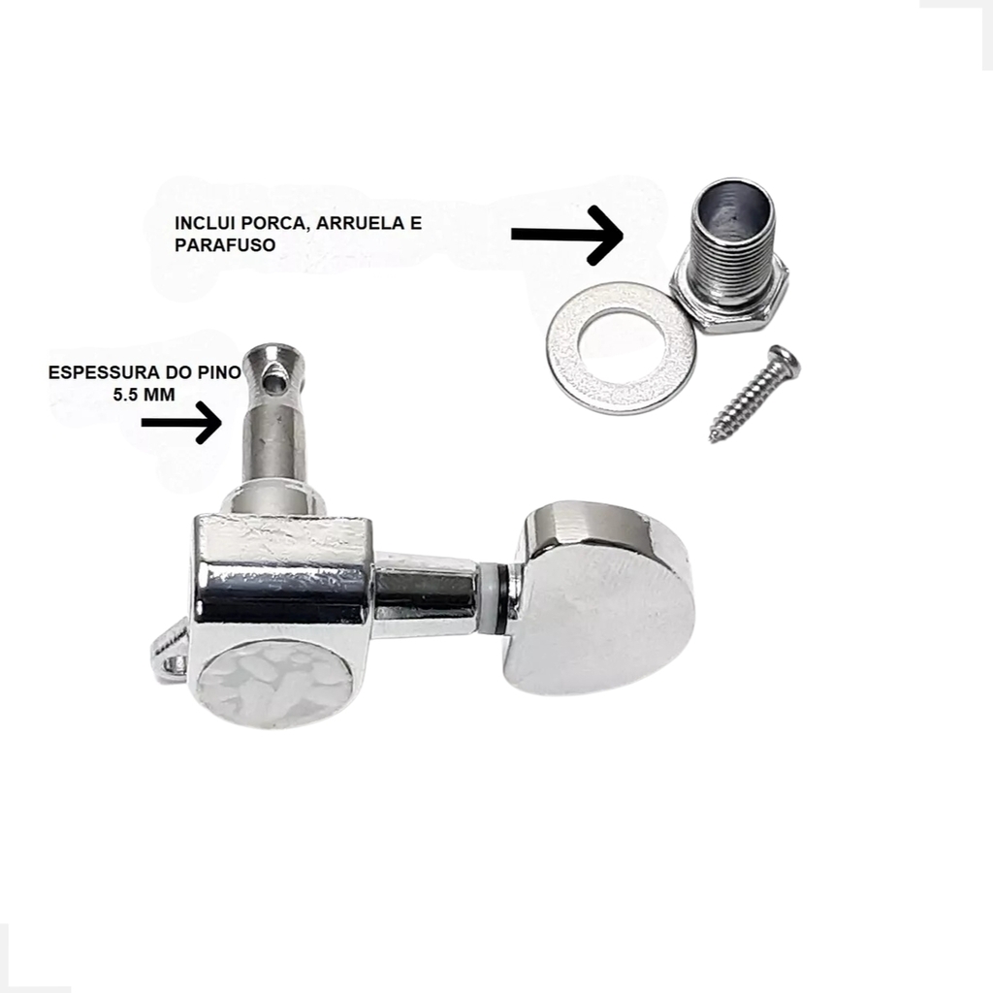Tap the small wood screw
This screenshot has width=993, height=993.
(x=753, y=393)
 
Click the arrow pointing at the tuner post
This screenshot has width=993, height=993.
(x=181, y=423)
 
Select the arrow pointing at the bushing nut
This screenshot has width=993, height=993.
(x=567, y=235)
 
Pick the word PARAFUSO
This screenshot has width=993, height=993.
(x=225, y=245)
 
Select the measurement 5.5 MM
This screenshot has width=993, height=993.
(x=144, y=395)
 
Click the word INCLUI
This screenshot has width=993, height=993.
(x=204, y=224)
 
